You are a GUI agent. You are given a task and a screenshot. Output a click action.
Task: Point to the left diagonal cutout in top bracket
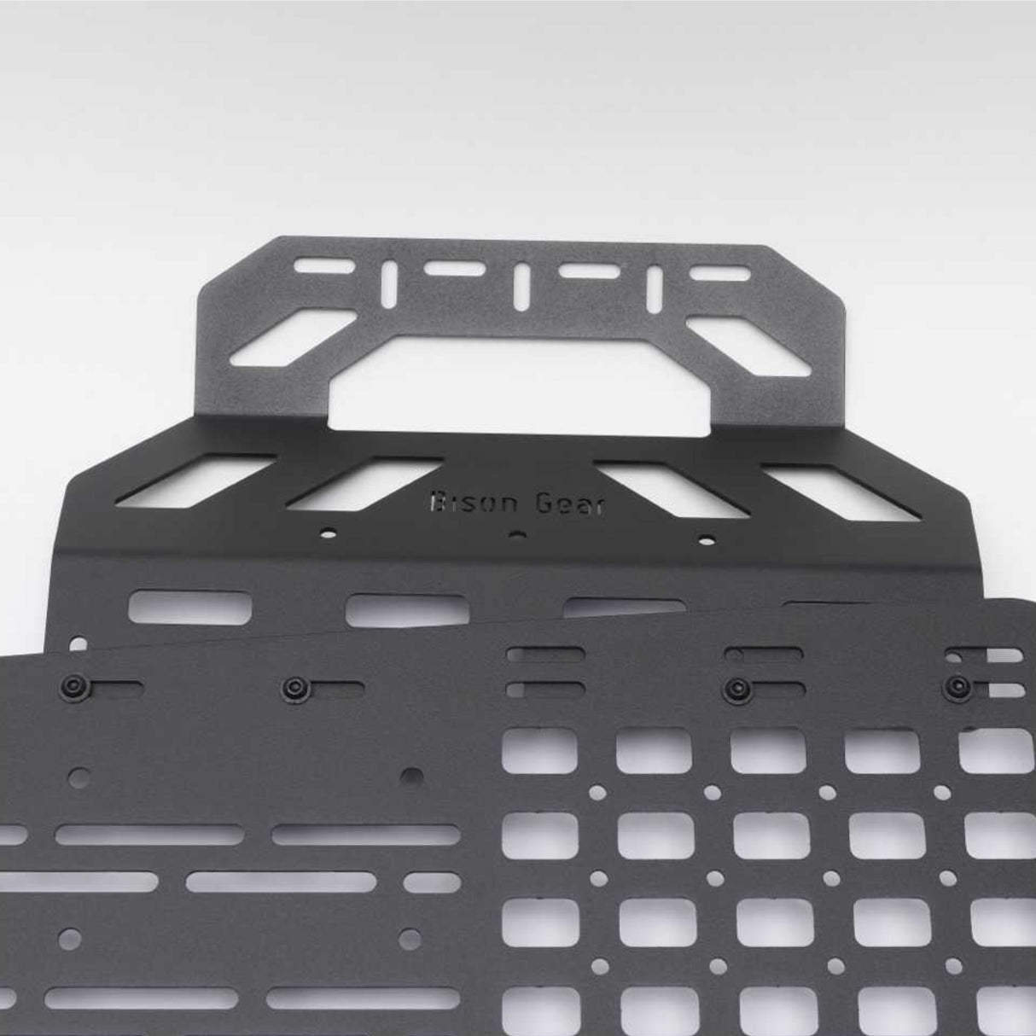pos(292,336)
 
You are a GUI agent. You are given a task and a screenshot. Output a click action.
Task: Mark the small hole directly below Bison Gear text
pos(515,536)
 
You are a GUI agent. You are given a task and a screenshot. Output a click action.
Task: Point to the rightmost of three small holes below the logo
pos(705,538)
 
